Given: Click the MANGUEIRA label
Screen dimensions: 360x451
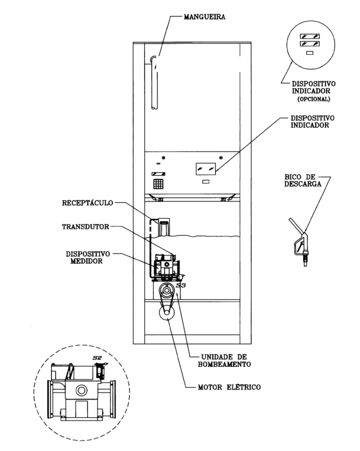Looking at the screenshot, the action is [x=204, y=17].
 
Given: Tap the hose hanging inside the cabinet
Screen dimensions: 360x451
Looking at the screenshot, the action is [x=154, y=82].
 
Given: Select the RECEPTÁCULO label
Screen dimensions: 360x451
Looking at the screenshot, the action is [x=88, y=203].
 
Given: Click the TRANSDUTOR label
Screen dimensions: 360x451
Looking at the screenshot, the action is [x=85, y=227].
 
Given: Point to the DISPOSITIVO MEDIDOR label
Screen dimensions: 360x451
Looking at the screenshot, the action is [x=88, y=258].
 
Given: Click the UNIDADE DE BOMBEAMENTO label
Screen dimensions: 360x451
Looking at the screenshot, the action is [x=224, y=361].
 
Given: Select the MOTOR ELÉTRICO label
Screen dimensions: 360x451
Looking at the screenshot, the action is [x=229, y=387].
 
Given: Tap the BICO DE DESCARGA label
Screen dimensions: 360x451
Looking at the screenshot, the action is [x=303, y=180].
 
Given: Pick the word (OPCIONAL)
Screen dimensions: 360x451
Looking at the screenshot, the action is [x=314, y=99].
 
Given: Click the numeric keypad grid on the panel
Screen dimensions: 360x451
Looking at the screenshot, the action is [x=158, y=184].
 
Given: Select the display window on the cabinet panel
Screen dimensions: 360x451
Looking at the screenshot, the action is [x=206, y=169].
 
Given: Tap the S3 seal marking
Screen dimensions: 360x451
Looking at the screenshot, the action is [x=181, y=285].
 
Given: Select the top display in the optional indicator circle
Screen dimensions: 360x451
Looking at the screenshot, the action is [x=310, y=36].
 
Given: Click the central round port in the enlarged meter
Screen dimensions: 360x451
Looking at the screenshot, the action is [x=81, y=390].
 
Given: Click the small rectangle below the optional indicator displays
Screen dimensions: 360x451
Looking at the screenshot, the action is [x=310, y=53].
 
